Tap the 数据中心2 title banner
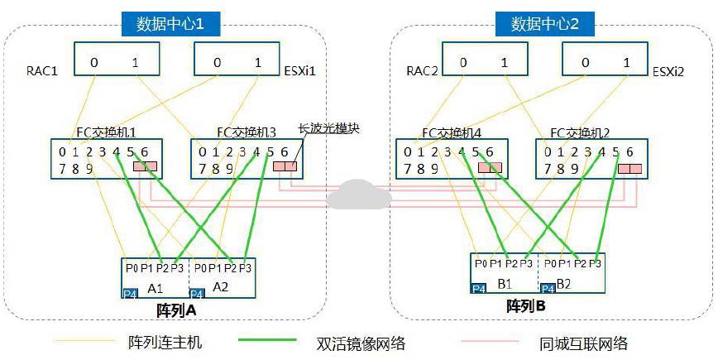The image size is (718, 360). point(546,23)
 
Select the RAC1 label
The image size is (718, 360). point(41,71)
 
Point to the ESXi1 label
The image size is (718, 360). point(301,71)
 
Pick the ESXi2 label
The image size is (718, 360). point(668,71)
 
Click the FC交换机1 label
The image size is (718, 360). point(105,132)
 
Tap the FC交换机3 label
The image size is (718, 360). point(246,132)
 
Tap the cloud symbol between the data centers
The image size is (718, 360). point(358,194)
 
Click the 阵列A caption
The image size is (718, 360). point(175,310)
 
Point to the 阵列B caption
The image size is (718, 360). point(525,306)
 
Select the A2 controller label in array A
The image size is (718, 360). point(220,286)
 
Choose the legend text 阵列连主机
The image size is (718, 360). point(165,342)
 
